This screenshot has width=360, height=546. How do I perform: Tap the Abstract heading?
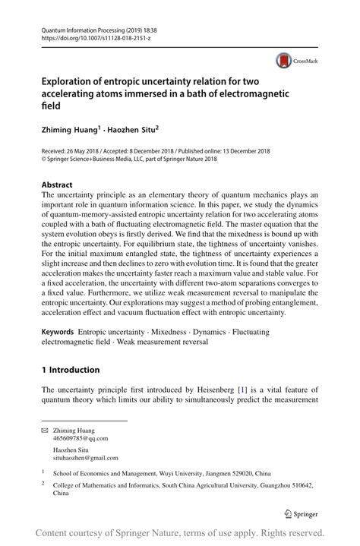point(57,185)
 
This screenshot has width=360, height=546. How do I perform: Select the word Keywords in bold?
point(58,333)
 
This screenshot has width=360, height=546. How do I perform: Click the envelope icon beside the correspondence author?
point(45,430)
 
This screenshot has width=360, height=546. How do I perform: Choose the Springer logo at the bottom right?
point(302,513)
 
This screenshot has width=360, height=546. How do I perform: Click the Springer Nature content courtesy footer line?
point(180,533)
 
